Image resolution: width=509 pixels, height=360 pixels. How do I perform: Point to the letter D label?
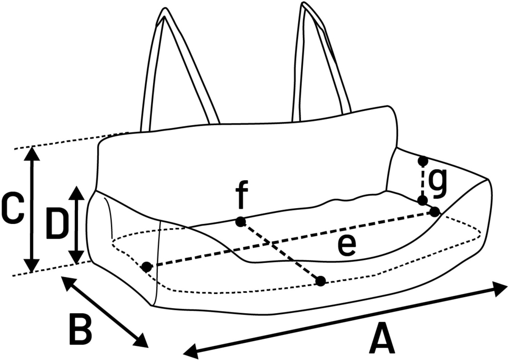click(x=55, y=224)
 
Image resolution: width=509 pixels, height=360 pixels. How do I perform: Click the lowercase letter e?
click(x=347, y=246)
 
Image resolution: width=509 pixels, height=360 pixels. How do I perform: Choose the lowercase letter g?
click(x=437, y=184)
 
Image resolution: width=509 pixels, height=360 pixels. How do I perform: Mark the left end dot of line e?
click(x=147, y=267)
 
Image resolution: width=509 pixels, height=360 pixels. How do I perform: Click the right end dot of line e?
click(x=434, y=212)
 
